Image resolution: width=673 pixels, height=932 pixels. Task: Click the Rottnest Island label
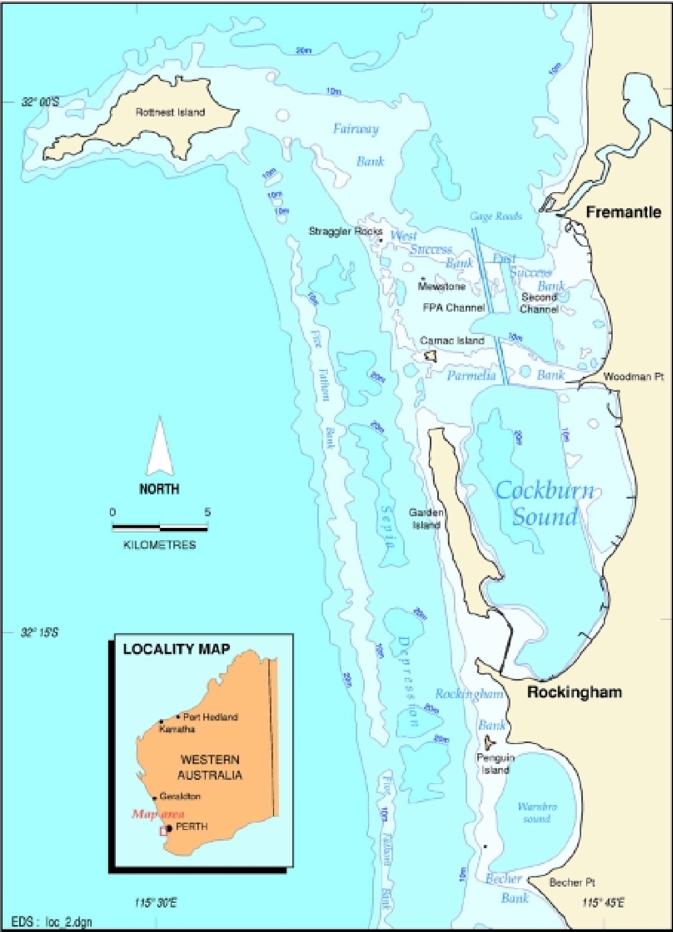(x=170, y=112)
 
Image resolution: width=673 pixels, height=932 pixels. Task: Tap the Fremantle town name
(x=623, y=212)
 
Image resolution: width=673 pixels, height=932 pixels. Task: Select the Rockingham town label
(x=574, y=692)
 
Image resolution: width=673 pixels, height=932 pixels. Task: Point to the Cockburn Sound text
(x=544, y=503)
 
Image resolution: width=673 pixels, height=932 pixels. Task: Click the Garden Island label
(x=426, y=518)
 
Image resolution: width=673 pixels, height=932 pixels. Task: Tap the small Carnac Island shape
(x=430, y=356)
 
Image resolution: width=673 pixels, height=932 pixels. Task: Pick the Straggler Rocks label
(x=345, y=232)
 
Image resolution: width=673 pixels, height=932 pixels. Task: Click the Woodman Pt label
(x=634, y=377)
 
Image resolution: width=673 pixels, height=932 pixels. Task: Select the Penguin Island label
(x=495, y=764)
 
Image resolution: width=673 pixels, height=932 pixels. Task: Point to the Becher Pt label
(x=572, y=882)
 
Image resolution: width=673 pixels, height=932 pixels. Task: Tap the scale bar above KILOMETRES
(x=159, y=528)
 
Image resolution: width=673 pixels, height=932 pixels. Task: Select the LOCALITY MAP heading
(x=177, y=649)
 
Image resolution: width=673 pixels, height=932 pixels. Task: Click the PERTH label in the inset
(x=191, y=827)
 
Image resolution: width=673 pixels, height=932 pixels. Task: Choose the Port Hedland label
(x=210, y=717)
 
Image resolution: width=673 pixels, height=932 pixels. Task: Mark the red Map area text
(x=158, y=814)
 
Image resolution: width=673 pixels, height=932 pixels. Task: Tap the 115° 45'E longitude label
(x=603, y=903)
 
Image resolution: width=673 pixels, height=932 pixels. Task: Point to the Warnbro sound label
(x=537, y=812)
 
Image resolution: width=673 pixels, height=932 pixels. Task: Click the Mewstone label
(x=442, y=287)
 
